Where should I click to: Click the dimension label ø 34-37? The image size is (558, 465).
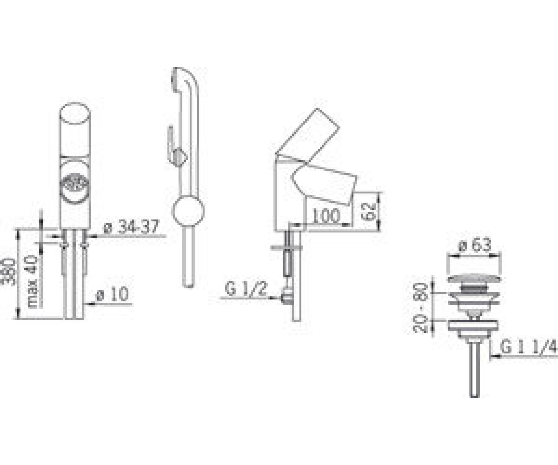pyautogui.click(x=131, y=227)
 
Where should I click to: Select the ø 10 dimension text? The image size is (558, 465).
pyautogui.click(x=112, y=294)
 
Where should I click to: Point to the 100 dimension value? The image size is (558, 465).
pyautogui.click(x=326, y=216)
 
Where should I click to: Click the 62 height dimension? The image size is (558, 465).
pyautogui.click(x=369, y=211)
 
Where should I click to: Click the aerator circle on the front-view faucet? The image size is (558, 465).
pyautogui.click(x=74, y=185)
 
